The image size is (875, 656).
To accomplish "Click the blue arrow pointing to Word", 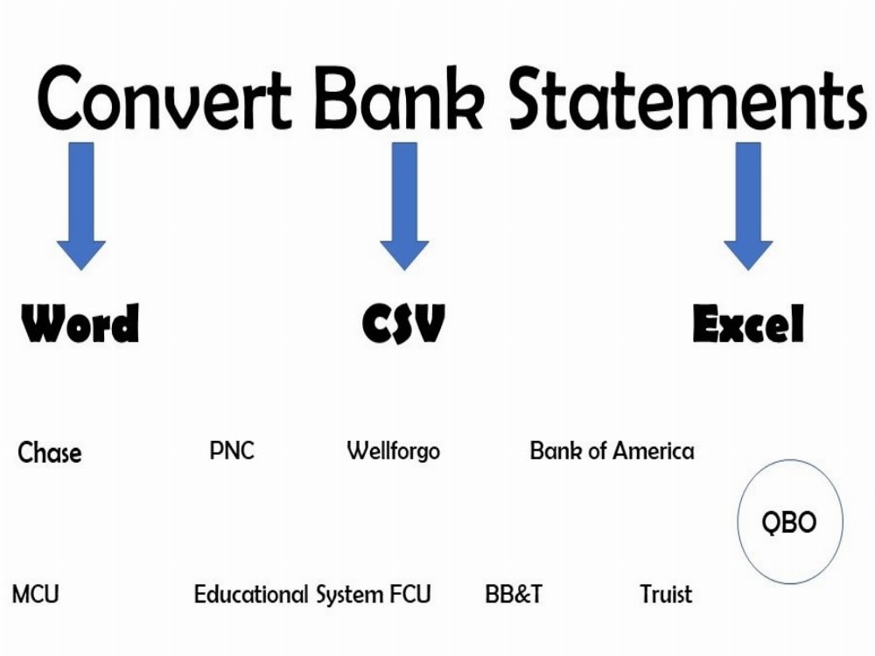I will (81, 206).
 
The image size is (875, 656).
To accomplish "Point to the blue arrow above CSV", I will (404, 206).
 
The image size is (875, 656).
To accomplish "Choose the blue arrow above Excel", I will (748, 206).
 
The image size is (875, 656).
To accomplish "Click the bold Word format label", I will (80, 324).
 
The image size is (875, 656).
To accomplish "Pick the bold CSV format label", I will (403, 324).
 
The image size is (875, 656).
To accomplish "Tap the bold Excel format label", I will (748, 325).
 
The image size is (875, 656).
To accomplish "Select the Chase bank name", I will (50, 453).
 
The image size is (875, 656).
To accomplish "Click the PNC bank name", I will (232, 450).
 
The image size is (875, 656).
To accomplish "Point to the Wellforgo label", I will (394, 451).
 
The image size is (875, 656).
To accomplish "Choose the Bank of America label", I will (612, 451).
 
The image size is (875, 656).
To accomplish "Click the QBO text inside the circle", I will (789, 522).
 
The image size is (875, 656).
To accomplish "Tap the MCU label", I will (36, 595).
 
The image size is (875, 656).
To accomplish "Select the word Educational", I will (251, 595).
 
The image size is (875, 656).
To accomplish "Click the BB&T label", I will (514, 595).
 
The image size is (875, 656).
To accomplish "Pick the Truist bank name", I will (666, 595).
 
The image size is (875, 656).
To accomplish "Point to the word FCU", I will (410, 595).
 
